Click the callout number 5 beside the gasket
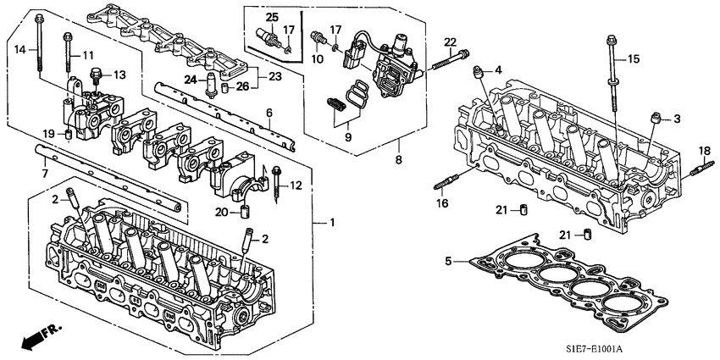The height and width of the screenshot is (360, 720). [x=448, y=262]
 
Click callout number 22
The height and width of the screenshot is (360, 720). [x=450, y=43]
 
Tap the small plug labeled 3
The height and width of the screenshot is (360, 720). [x=655, y=119]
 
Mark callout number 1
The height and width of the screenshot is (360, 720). [x=332, y=223]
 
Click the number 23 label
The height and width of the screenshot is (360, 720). [x=275, y=77]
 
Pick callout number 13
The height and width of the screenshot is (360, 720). [x=119, y=75]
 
